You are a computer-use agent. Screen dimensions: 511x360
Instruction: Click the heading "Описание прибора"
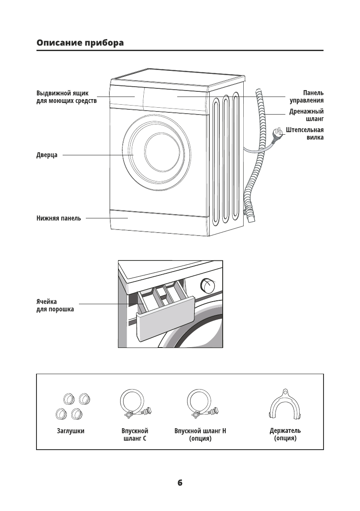coord(80,43)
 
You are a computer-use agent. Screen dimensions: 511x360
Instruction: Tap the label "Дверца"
coord(47,155)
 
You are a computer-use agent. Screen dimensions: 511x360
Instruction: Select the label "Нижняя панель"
coord(58,218)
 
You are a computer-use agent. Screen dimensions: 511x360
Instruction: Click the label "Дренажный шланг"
coord(306,115)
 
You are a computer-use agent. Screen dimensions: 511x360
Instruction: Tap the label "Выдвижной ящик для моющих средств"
coord(66,97)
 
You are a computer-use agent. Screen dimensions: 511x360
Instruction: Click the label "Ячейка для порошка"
coord(55,305)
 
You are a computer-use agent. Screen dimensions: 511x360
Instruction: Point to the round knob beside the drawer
coord(208,285)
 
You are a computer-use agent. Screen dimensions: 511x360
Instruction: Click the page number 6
coord(180,483)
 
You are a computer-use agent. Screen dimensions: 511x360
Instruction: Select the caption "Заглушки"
coord(70,431)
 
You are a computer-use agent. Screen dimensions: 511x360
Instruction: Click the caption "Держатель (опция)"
coord(285,434)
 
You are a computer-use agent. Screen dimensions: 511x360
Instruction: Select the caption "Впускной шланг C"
coord(135,434)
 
